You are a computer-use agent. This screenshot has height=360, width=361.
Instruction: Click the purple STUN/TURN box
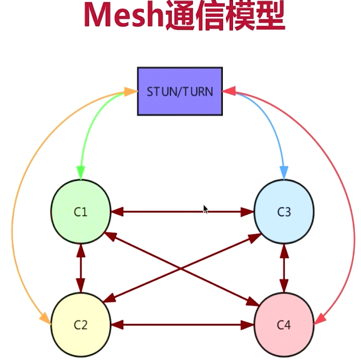tap(180, 91)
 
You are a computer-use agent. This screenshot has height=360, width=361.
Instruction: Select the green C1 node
tap(80, 212)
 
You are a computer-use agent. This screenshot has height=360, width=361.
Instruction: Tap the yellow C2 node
tap(80, 325)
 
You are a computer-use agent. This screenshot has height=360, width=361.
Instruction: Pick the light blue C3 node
tap(284, 212)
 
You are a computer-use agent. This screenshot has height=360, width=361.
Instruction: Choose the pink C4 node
tap(284, 325)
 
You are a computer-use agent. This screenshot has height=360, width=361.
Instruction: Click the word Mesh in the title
tap(123, 17)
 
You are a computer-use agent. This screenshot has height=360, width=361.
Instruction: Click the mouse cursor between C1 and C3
tap(205, 209)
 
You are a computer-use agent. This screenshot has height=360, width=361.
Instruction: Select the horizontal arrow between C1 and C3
tap(163, 212)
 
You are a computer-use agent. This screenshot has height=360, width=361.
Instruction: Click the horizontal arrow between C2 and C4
tap(182, 325)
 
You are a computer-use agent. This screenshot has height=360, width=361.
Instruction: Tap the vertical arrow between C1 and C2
tap(80, 268)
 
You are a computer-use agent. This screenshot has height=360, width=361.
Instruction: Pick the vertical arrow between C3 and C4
tap(284, 268)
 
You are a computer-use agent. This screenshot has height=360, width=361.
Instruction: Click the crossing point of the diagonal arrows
tap(182, 268)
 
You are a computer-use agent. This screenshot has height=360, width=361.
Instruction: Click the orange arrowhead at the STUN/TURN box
tap(131, 92)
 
